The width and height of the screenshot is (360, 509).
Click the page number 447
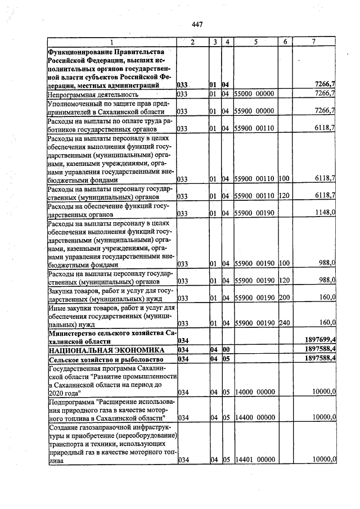[x=197, y=24]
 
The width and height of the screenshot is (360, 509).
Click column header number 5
[x=255, y=43]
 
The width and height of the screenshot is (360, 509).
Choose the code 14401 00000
[x=254, y=460]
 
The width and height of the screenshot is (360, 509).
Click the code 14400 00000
[x=254, y=417]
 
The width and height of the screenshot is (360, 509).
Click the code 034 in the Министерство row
[x=183, y=341]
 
